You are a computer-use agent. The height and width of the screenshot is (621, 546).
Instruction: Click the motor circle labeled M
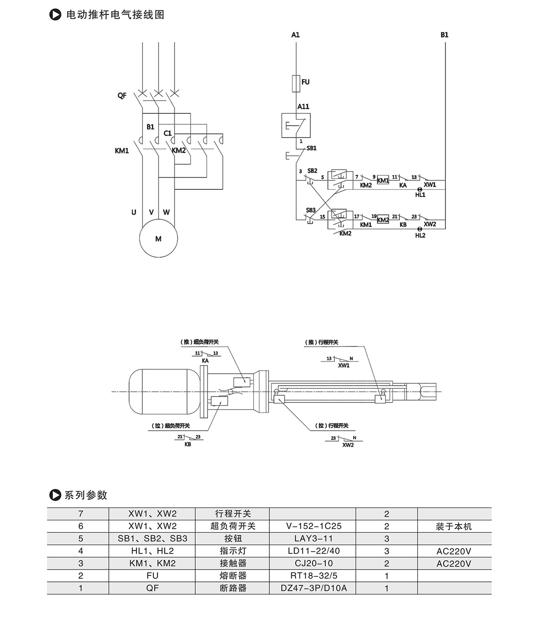(x=158, y=239)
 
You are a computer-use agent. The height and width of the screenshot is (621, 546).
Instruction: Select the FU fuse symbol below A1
(x=296, y=82)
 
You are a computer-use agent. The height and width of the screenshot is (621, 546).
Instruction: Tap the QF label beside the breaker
(x=122, y=96)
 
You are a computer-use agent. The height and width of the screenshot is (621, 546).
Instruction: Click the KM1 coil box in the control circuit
(x=383, y=180)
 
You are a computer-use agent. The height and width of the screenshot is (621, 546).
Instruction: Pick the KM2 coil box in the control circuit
(x=383, y=220)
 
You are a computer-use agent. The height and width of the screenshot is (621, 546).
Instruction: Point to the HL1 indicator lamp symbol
(x=420, y=189)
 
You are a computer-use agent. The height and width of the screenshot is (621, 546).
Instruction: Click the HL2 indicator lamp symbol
(x=420, y=229)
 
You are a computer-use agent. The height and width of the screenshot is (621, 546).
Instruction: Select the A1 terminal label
(x=296, y=35)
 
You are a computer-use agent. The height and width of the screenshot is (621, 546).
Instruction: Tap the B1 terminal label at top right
(x=444, y=35)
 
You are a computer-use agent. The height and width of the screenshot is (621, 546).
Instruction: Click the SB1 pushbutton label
(x=312, y=148)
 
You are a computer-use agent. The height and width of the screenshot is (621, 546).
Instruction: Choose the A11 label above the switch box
(x=303, y=107)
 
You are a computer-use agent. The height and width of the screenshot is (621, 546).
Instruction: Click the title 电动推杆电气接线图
(x=115, y=15)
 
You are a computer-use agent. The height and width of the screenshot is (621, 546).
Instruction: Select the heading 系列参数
(x=86, y=495)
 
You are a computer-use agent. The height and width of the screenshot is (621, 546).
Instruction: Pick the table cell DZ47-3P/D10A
(x=313, y=588)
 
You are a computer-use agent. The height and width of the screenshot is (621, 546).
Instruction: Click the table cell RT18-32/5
(x=313, y=576)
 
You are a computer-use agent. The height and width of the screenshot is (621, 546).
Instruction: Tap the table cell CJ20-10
(x=313, y=563)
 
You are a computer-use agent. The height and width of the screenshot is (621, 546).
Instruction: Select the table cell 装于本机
(x=454, y=526)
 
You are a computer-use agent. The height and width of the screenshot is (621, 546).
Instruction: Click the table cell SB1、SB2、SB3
(x=152, y=539)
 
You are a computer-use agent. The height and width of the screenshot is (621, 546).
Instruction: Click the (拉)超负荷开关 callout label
(x=171, y=426)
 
